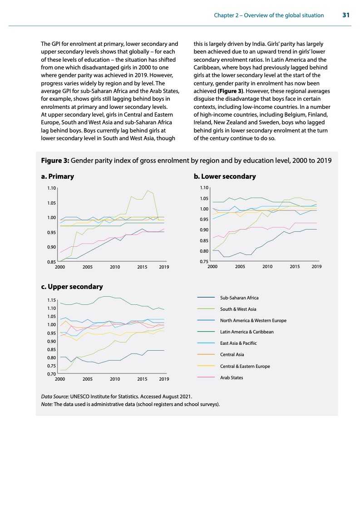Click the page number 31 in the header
click(345, 15)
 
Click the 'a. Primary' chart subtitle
click(57, 176)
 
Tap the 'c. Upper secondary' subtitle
click(72, 287)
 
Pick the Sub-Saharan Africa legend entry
click(239, 298)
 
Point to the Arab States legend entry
click(232, 377)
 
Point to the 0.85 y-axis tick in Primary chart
click(51, 262)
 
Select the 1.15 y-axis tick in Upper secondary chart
click(51, 300)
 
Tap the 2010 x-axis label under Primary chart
click(114, 267)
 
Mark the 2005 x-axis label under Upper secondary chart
click(88, 378)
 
